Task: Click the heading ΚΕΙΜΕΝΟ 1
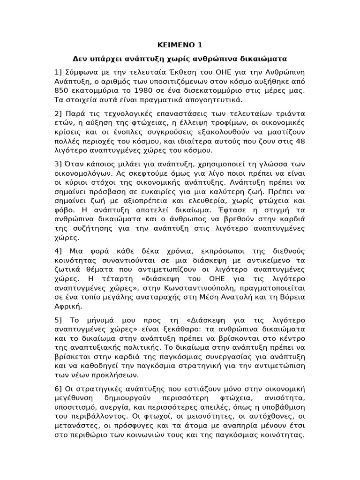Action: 180,45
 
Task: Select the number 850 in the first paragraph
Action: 61,90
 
